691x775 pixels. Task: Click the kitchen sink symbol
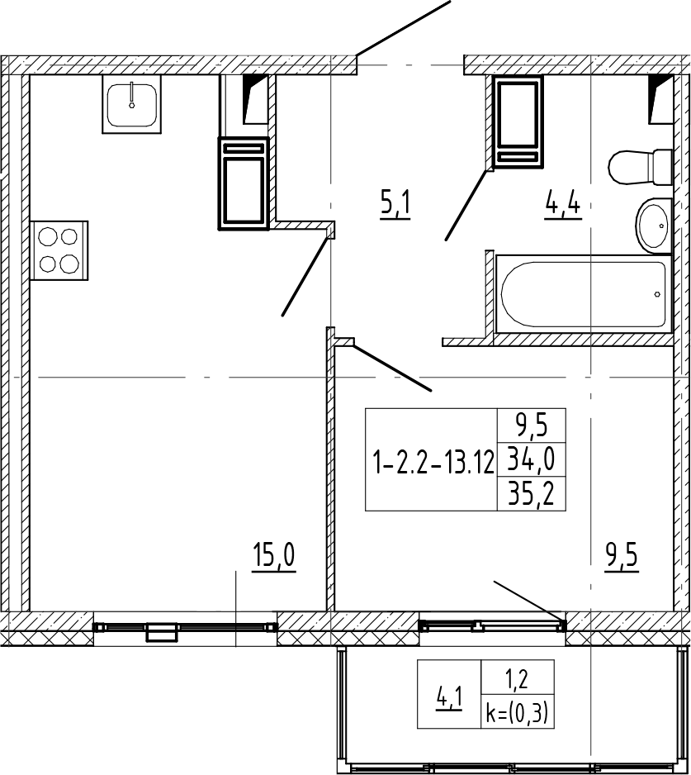[132, 104]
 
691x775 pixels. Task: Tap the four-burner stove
[59, 250]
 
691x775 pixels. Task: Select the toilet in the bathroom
[640, 168]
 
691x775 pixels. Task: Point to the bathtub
[584, 294]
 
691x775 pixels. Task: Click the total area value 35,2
[531, 494]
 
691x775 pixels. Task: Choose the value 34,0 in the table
[531, 459]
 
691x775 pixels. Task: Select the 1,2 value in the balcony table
[517, 681]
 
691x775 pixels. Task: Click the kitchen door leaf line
[305, 276]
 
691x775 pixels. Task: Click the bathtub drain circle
[657, 294]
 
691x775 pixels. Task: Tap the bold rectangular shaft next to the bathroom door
[518, 122]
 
